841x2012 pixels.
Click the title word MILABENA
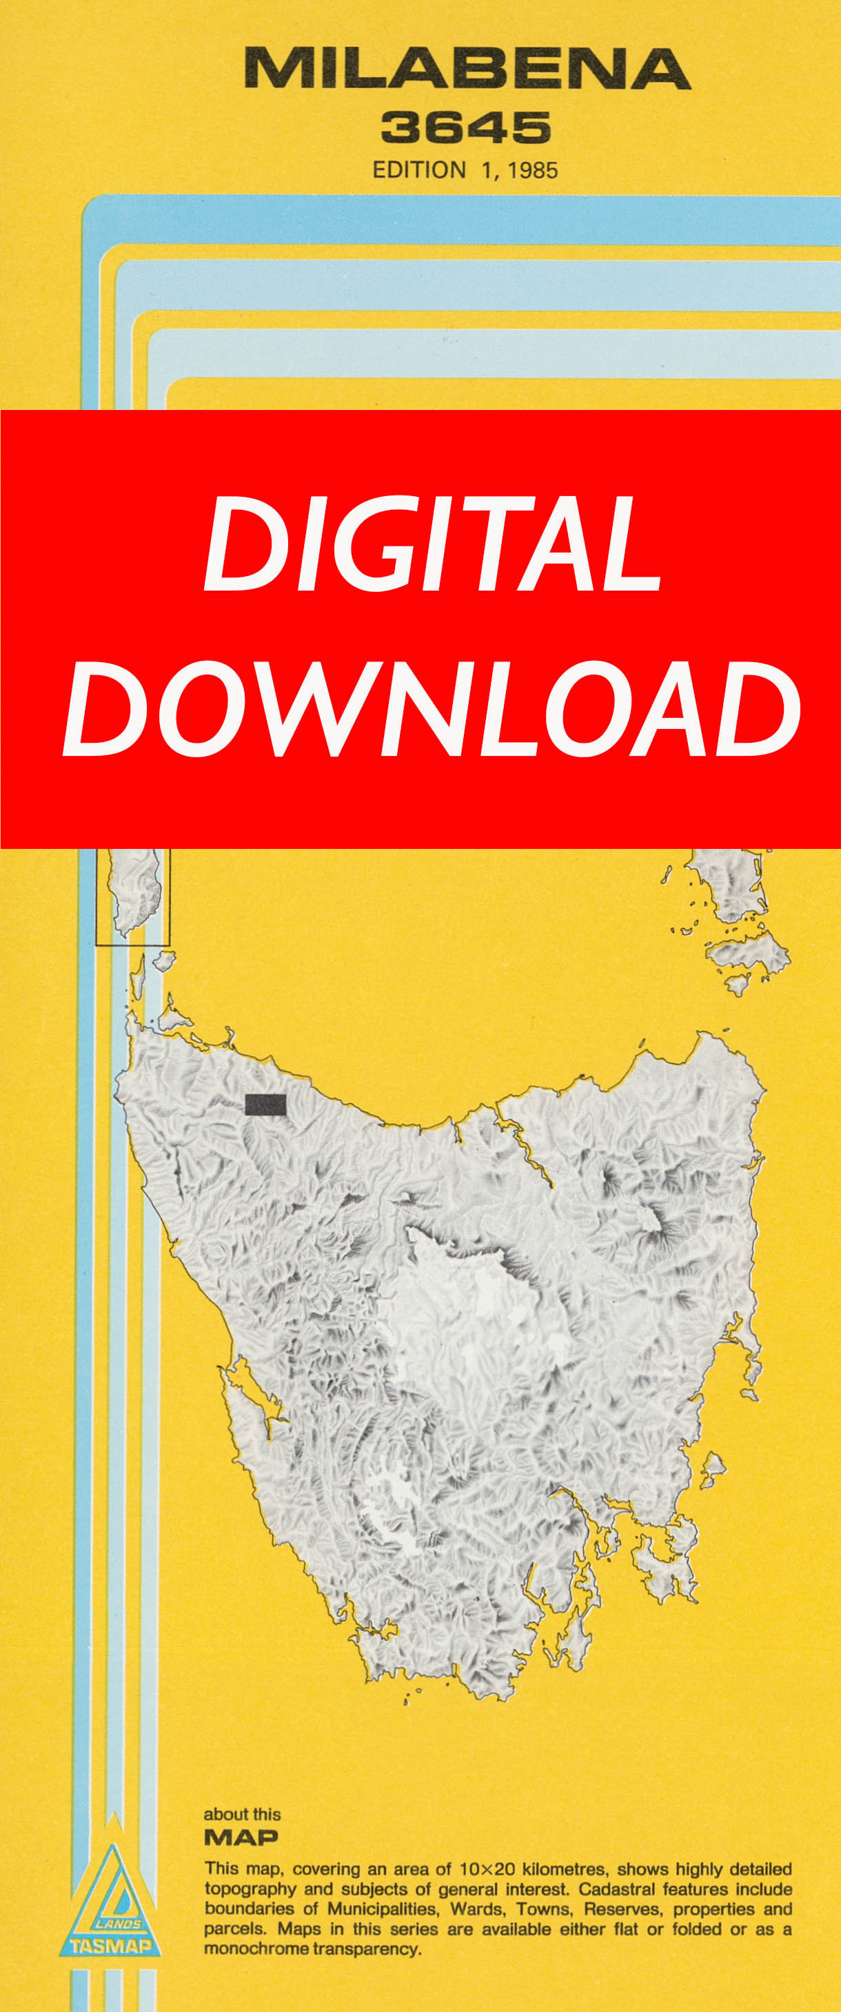467,69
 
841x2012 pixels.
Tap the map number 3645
466,127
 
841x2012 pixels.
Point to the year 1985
532,170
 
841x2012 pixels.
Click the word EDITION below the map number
419,170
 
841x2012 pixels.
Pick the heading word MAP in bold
241,1837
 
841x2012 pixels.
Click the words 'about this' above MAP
241,1814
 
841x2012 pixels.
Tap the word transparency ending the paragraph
367,1949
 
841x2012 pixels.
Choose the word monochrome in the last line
256,1949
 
